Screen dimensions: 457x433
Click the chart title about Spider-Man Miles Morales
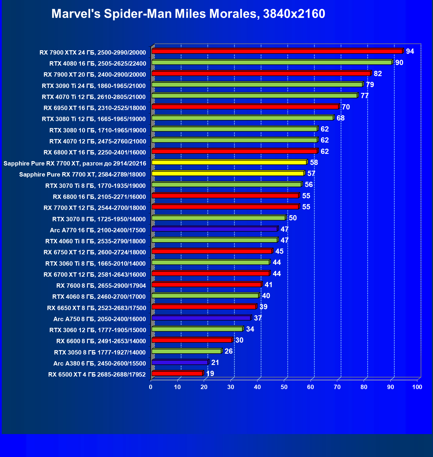tap(188, 14)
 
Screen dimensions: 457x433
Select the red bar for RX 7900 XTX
tap(277, 51)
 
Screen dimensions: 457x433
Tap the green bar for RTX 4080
tap(272, 62)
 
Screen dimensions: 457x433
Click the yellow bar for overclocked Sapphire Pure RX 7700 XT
tap(229, 162)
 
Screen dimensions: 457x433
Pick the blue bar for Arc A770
tap(214, 229)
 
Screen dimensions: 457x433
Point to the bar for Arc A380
tap(180, 362)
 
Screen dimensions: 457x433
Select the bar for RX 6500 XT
tap(177, 373)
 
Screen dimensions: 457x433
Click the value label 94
tap(410, 51)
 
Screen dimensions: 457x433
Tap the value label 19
tap(210, 373)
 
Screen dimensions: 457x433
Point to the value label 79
tap(370, 85)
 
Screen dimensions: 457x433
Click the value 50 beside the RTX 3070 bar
tap(293, 218)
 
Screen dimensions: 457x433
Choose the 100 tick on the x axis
tap(417, 387)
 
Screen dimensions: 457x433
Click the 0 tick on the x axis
tap(151, 387)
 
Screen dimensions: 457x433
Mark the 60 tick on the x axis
tap(311, 387)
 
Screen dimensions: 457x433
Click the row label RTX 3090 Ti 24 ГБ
tap(94, 86)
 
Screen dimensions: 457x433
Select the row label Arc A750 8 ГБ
tap(100, 319)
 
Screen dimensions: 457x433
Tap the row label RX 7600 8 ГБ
tap(101, 286)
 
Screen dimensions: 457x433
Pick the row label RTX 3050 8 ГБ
tap(100, 352)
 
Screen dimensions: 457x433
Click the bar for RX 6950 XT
tap(245, 107)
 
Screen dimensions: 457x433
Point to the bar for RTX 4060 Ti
tap(214, 240)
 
